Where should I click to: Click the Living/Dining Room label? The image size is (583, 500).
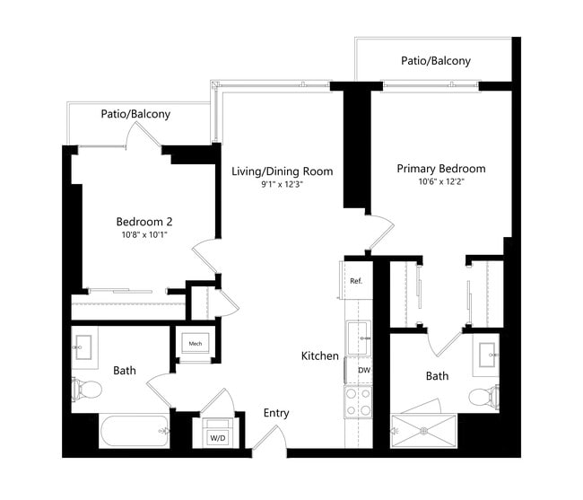[282, 171]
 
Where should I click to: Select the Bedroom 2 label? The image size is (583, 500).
[144, 222]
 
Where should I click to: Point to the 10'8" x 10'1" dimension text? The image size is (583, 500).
[144, 235]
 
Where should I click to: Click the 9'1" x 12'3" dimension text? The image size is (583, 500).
[282, 185]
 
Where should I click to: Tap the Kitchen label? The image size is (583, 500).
[319, 356]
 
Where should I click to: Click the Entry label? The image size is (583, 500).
[275, 413]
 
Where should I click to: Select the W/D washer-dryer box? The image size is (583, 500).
[217, 437]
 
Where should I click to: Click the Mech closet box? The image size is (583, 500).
[195, 345]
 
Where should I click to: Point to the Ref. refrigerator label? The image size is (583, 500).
[355, 281]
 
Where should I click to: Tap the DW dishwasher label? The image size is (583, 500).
[364, 370]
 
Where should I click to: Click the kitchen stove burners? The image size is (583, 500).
[359, 402]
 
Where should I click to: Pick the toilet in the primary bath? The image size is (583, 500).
[482, 396]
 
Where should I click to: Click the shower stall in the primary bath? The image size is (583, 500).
[425, 430]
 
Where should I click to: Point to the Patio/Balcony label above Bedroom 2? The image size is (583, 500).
[135, 115]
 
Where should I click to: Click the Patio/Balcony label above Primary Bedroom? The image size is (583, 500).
[435, 61]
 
